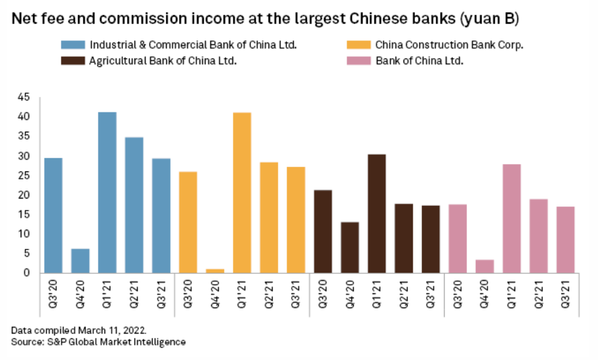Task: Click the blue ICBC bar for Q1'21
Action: click(x=107, y=192)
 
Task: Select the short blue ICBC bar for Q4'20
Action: click(x=80, y=261)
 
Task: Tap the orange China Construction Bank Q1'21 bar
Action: click(x=241, y=192)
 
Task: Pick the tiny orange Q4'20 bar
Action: click(x=215, y=270)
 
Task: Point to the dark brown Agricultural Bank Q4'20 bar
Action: click(x=350, y=247)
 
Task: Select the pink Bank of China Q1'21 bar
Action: click(x=511, y=218)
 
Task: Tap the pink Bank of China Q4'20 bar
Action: click(x=485, y=266)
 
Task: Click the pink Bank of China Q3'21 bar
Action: click(x=566, y=240)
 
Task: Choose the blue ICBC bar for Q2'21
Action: click(x=134, y=204)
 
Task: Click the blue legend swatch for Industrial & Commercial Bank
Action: click(x=72, y=46)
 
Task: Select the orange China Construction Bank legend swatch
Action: click(x=359, y=46)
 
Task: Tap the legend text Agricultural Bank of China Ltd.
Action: click(x=163, y=60)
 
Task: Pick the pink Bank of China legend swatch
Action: click(x=359, y=60)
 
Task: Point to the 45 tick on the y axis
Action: click(x=24, y=97)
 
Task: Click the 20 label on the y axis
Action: click(x=24, y=195)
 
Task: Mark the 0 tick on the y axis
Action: click(x=27, y=273)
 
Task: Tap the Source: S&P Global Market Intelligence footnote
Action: click(x=98, y=341)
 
